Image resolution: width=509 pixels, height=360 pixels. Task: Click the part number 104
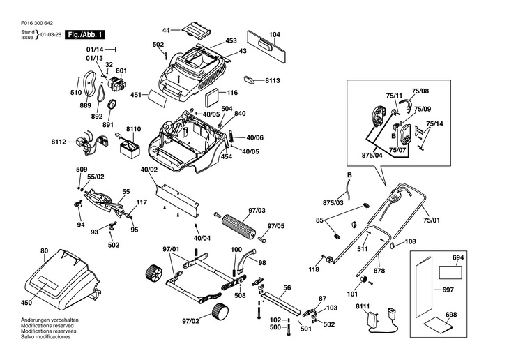coord(274,34)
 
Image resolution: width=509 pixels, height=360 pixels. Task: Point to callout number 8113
coord(273,81)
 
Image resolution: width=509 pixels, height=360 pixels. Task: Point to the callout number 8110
coord(133,129)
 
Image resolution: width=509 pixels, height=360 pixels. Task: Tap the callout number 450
coord(26,302)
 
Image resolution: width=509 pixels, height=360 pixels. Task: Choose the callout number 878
coord(379,270)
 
